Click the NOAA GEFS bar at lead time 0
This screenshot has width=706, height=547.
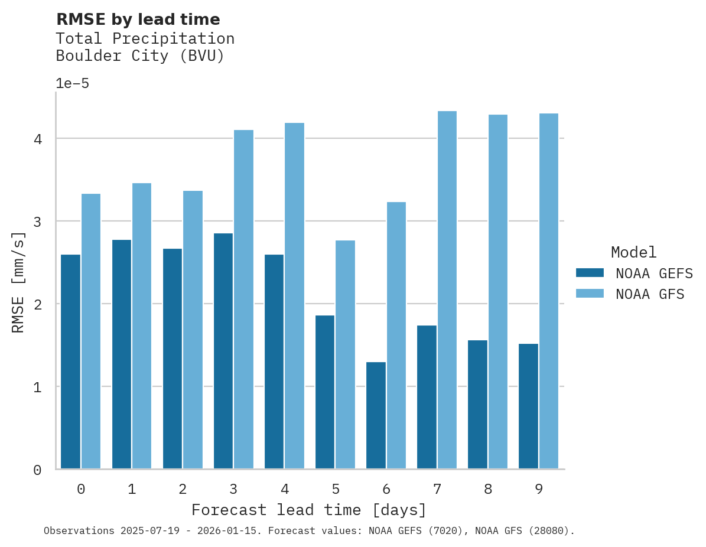click(70, 362)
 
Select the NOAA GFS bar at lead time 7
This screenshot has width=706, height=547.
click(447, 290)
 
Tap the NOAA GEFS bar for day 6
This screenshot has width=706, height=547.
click(376, 415)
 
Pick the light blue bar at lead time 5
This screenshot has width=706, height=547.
click(345, 354)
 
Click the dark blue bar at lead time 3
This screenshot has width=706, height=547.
click(223, 351)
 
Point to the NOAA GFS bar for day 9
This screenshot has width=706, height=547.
click(549, 291)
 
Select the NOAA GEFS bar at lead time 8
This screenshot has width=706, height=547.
click(477, 405)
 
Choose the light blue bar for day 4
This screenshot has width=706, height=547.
click(294, 296)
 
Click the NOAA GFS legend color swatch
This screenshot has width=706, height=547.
click(590, 294)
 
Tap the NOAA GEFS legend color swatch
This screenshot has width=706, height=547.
click(590, 273)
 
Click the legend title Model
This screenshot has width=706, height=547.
click(633, 252)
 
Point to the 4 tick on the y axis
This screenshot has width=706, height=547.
click(37, 139)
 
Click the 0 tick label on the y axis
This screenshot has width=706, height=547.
click(37, 470)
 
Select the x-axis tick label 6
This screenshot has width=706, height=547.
click(386, 489)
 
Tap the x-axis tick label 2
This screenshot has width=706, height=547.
click(183, 489)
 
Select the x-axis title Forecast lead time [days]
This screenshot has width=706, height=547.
click(308, 510)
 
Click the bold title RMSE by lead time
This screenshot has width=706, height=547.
click(138, 19)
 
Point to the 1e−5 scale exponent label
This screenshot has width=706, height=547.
click(72, 83)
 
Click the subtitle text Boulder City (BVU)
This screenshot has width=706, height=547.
click(140, 56)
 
